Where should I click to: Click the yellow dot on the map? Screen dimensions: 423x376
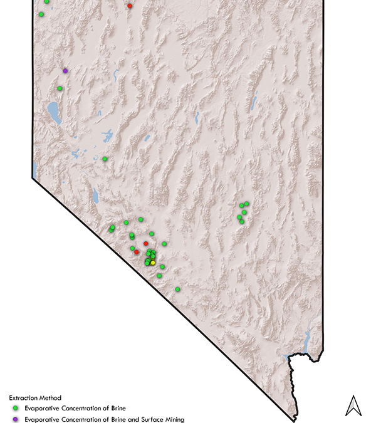pos(153,263)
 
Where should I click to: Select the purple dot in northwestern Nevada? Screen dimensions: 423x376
pos(65,71)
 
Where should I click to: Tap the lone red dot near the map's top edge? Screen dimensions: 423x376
pos(130,6)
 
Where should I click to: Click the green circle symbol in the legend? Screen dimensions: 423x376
pos(17,409)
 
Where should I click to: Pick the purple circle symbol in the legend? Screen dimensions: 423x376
pos(17,419)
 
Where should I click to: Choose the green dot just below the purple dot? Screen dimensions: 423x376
pos(60,88)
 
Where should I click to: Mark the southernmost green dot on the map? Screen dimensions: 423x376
pos(177,289)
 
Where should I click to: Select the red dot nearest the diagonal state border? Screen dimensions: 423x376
pos(137,252)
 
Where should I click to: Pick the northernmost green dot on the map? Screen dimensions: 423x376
pos(46,2)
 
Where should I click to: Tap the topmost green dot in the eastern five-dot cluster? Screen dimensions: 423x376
pos(247,203)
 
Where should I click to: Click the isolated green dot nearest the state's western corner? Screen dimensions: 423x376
pos(105,159)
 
